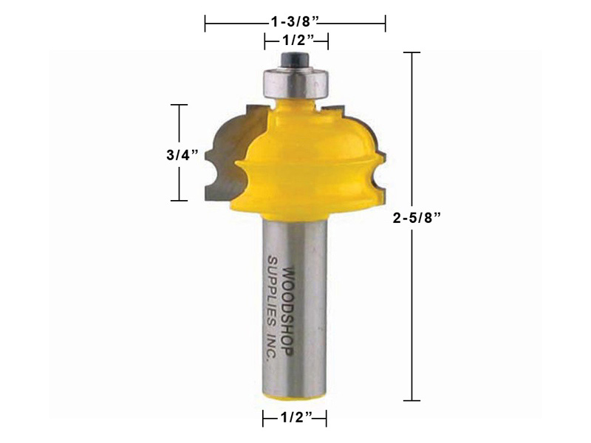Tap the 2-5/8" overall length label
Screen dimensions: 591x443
point(417,217)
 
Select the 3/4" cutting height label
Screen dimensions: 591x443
point(182,155)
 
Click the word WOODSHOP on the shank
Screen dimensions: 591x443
point(287,312)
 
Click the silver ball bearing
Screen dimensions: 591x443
point(296,83)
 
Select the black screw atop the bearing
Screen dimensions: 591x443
point(296,60)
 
